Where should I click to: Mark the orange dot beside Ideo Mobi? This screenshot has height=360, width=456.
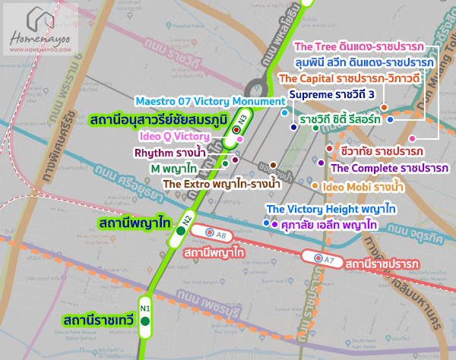(x=315, y=185)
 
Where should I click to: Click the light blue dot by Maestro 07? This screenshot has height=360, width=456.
(x=284, y=112)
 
